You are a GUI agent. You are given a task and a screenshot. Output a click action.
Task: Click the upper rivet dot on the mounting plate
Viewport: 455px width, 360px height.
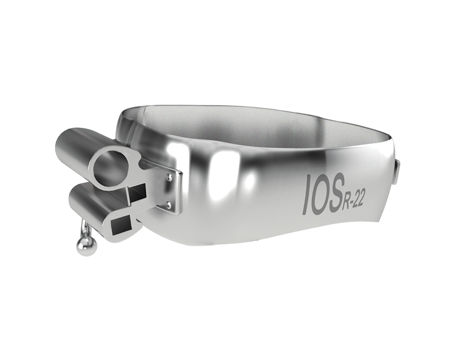coord(169,177)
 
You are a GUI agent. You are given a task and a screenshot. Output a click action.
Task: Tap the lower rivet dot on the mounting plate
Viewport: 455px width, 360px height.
coord(168,205)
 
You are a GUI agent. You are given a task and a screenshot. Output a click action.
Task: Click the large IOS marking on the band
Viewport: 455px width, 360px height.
coord(323,194)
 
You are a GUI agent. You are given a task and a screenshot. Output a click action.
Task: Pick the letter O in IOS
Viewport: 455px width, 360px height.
coord(322,194)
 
